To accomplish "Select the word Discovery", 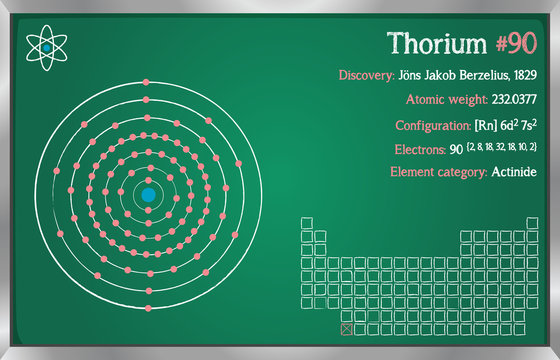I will (366, 75).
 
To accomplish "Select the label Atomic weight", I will (446, 100).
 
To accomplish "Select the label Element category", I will (438, 172).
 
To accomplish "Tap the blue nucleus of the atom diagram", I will (148, 193).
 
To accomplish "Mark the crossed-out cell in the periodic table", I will (347, 328).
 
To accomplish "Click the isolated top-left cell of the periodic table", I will (306, 223).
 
